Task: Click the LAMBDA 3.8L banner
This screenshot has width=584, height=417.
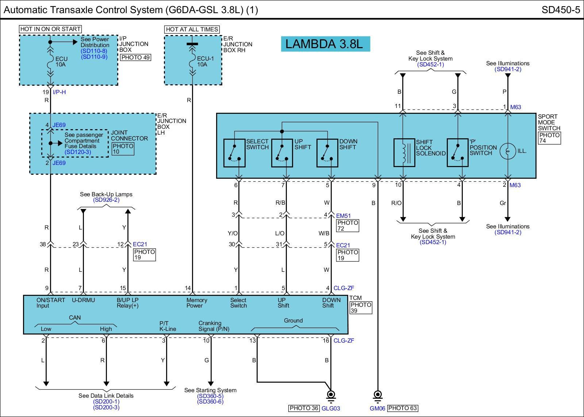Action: (325, 44)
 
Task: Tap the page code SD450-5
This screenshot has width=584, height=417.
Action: (561, 10)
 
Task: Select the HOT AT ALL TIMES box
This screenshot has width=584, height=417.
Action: (192, 29)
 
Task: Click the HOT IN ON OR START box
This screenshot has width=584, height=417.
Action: (50, 29)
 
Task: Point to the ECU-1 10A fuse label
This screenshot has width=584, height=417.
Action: (205, 62)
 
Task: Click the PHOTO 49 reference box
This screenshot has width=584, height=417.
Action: (135, 57)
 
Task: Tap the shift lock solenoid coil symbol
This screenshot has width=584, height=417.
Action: (404, 153)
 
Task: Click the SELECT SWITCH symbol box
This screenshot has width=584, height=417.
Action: (234, 153)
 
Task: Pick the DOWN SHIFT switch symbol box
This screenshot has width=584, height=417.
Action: (327, 153)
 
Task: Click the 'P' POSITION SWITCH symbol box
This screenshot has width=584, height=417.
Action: (458, 153)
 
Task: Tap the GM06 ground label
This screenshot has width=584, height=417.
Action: (377, 408)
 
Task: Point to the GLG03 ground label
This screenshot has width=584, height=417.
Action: (331, 408)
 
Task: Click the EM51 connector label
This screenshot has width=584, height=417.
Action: (343, 216)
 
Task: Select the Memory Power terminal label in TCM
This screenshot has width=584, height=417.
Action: (197, 303)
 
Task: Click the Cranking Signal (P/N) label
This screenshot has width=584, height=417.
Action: (214, 326)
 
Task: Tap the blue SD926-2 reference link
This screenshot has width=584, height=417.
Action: (106, 200)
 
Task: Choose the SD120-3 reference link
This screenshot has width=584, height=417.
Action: (78, 152)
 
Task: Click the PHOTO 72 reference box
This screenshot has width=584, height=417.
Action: (348, 226)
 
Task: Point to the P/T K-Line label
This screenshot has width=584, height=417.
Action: (168, 326)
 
